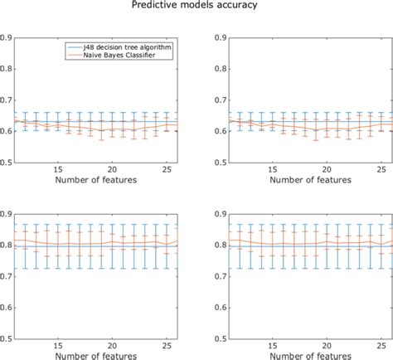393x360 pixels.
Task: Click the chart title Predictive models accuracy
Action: [x=196, y=6]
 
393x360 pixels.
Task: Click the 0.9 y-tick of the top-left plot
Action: [x=7, y=37]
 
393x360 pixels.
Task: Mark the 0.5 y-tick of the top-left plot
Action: [x=7, y=162]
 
